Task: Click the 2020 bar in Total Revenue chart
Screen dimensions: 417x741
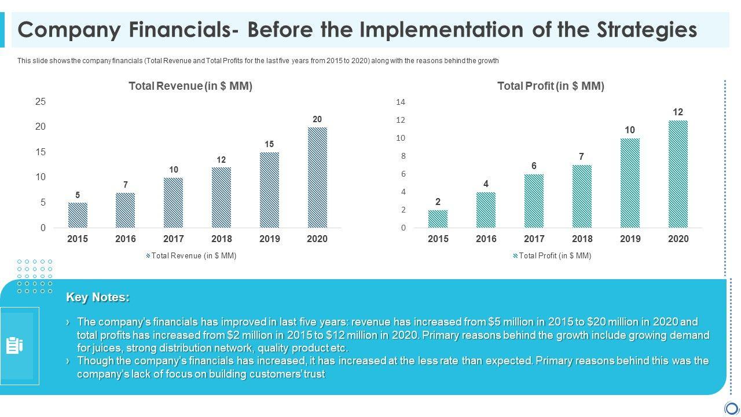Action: tap(317, 177)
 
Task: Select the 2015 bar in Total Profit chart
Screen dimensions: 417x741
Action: tap(438, 219)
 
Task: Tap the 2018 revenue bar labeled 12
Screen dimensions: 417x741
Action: tap(221, 197)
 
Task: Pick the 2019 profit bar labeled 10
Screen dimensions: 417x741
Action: tap(630, 183)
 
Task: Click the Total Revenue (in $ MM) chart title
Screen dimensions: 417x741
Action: tap(190, 86)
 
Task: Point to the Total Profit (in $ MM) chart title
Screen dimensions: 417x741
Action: tap(551, 86)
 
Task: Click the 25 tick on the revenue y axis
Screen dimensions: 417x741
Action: tap(40, 101)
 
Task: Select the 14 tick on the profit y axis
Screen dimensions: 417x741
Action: tap(401, 102)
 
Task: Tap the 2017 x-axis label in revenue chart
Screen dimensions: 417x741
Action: tap(174, 239)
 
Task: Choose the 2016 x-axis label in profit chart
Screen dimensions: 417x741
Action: tap(486, 239)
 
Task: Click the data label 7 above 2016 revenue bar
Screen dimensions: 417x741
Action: tap(125, 185)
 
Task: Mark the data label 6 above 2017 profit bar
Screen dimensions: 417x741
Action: tap(534, 166)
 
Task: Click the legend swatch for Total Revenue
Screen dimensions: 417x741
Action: tap(148, 255)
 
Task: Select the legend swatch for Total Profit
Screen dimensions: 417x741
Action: tap(515, 255)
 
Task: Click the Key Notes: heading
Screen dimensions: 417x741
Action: tap(98, 297)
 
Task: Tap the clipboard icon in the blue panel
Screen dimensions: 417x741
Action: tap(14, 346)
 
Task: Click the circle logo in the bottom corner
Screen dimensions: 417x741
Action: tap(732, 408)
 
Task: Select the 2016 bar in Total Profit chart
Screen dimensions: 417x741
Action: tap(486, 210)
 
